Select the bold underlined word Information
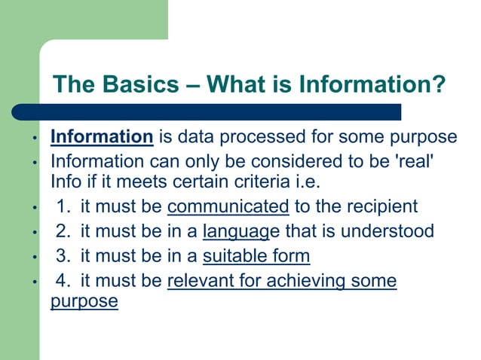[102, 137]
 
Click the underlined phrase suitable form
[256, 256]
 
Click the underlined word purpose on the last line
[84, 301]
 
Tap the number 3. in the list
[65, 256]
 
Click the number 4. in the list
[65, 281]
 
